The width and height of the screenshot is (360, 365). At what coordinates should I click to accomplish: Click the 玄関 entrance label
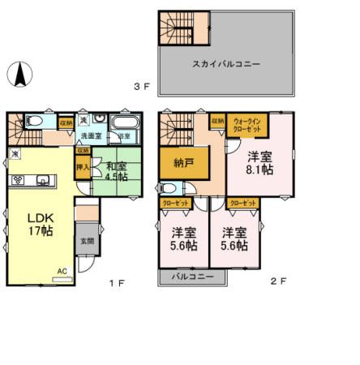[x=87, y=241]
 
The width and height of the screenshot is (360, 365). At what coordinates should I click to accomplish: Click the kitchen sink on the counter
[x=43, y=180]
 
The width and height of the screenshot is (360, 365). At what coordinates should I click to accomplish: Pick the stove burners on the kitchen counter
[x=18, y=180]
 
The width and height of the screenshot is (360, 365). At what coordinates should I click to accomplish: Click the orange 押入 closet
[x=83, y=166]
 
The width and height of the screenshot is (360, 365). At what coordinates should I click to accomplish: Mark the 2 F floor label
[x=278, y=281]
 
